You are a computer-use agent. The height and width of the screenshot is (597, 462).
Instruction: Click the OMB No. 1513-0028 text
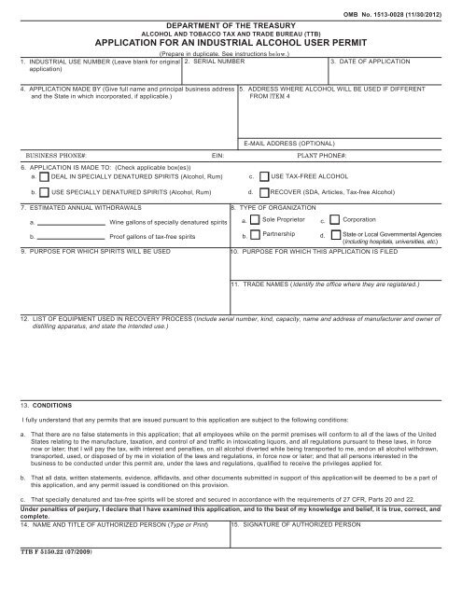tap(409, 10)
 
